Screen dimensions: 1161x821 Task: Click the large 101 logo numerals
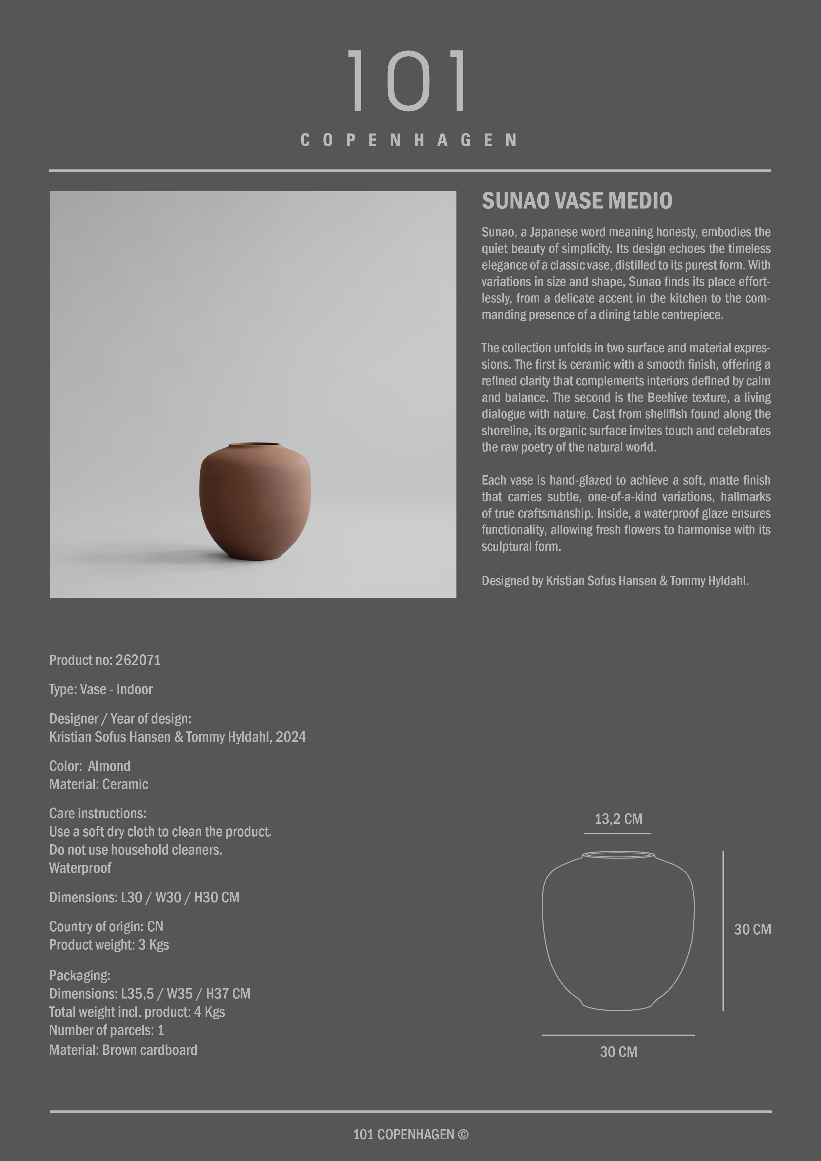click(x=408, y=81)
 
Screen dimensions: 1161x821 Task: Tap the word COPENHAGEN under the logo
click(x=409, y=140)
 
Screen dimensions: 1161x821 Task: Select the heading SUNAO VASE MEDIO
click(x=577, y=201)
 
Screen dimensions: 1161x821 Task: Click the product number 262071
click(x=138, y=660)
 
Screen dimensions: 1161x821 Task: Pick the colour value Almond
click(x=109, y=766)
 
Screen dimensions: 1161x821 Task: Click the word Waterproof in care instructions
click(x=80, y=868)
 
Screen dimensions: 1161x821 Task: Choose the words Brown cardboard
click(x=149, y=1050)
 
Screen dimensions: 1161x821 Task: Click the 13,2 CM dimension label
click(x=618, y=819)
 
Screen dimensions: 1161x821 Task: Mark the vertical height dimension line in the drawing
click(x=723, y=930)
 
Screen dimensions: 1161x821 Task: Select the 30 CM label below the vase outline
click(x=618, y=1052)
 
